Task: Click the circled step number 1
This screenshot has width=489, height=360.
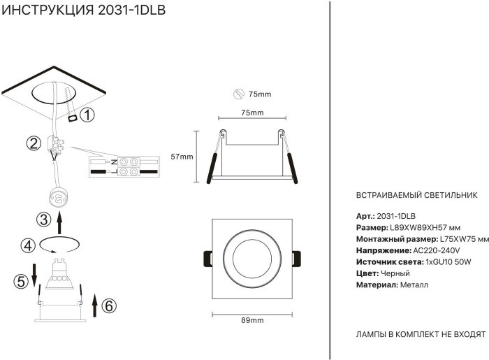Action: coord(87,115)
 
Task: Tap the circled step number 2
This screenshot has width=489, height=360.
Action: coord(33,144)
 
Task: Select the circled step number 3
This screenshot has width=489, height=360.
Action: coord(43,220)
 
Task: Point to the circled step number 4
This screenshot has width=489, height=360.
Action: coord(27,245)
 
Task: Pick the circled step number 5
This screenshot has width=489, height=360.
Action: coord(21,281)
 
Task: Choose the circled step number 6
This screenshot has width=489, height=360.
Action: coord(108,305)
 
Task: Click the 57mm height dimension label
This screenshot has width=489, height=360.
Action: coord(182,157)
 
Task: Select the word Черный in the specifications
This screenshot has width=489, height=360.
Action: coord(395,273)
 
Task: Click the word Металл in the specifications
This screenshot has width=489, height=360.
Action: coord(414,285)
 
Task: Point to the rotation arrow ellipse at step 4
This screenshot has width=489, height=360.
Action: coord(60,245)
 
